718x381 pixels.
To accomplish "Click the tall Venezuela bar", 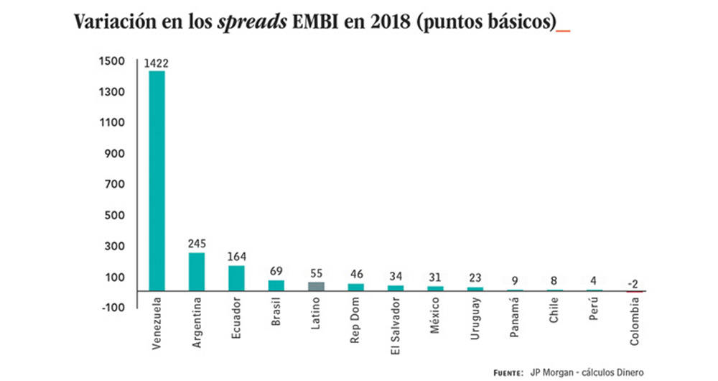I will [x=157, y=180].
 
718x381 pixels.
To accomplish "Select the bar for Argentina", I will [x=197, y=271].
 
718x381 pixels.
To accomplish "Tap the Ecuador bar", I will [x=236, y=277].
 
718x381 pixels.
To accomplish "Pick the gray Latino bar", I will [x=316, y=285].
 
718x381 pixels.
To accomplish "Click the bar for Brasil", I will [x=276, y=285].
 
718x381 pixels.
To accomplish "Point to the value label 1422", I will [x=157, y=64].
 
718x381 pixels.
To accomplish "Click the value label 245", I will [x=197, y=244].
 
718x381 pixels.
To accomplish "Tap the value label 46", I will [x=355, y=275].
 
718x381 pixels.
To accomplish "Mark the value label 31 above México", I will [x=435, y=277].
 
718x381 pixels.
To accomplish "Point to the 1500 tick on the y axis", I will [x=113, y=61].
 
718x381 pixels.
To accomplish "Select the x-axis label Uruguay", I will [x=476, y=317].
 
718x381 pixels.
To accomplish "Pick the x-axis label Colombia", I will [x=634, y=320].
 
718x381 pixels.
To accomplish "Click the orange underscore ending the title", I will [x=564, y=29].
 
